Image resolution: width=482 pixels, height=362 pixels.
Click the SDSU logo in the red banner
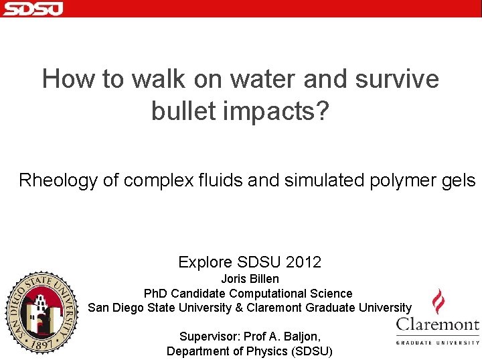point(32,8)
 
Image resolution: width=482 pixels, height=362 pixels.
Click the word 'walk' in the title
point(157,79)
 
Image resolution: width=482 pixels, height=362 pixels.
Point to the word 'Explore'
point(204,262)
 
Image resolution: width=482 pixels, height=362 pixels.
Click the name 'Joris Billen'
point(250,278)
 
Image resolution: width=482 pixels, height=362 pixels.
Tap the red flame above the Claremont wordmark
point(438,301)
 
